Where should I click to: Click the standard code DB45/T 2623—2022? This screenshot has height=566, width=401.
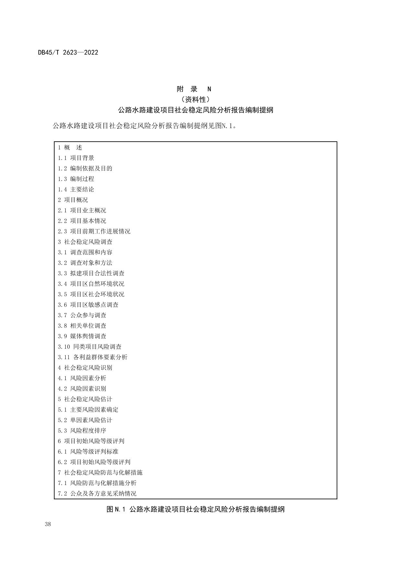coord(68,52)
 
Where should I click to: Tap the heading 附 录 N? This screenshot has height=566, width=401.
coord(194,89)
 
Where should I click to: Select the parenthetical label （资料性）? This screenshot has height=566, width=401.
coord(195,99)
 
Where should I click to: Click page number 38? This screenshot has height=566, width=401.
coord(48,524)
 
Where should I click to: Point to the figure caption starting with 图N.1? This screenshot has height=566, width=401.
coord(195,510)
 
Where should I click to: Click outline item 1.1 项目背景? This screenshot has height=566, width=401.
coord(76,158)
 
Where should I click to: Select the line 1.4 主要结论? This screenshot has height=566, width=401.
coord(76,189)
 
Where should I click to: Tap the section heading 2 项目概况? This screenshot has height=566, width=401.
coord(73,200)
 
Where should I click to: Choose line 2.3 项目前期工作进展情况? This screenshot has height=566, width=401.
coord(94,231)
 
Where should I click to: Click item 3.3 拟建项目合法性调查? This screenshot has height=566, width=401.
coord(91,273)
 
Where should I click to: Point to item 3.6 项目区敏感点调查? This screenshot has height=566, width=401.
coord(88,305)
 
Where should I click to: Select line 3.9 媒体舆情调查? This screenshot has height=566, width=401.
coord(82,336)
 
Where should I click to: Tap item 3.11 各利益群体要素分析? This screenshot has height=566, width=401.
coord(93,357)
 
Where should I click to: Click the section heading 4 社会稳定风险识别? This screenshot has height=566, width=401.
coord(85,368)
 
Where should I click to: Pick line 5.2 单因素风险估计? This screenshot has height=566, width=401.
coord(85,420)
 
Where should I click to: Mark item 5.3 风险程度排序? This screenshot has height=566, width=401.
coord(82,430)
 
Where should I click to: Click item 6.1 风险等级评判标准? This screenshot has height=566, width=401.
coord(88,451)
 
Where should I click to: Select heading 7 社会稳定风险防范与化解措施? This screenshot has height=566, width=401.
coord(100,472)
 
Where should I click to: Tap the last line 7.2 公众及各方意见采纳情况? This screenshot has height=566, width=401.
coord(97,493)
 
